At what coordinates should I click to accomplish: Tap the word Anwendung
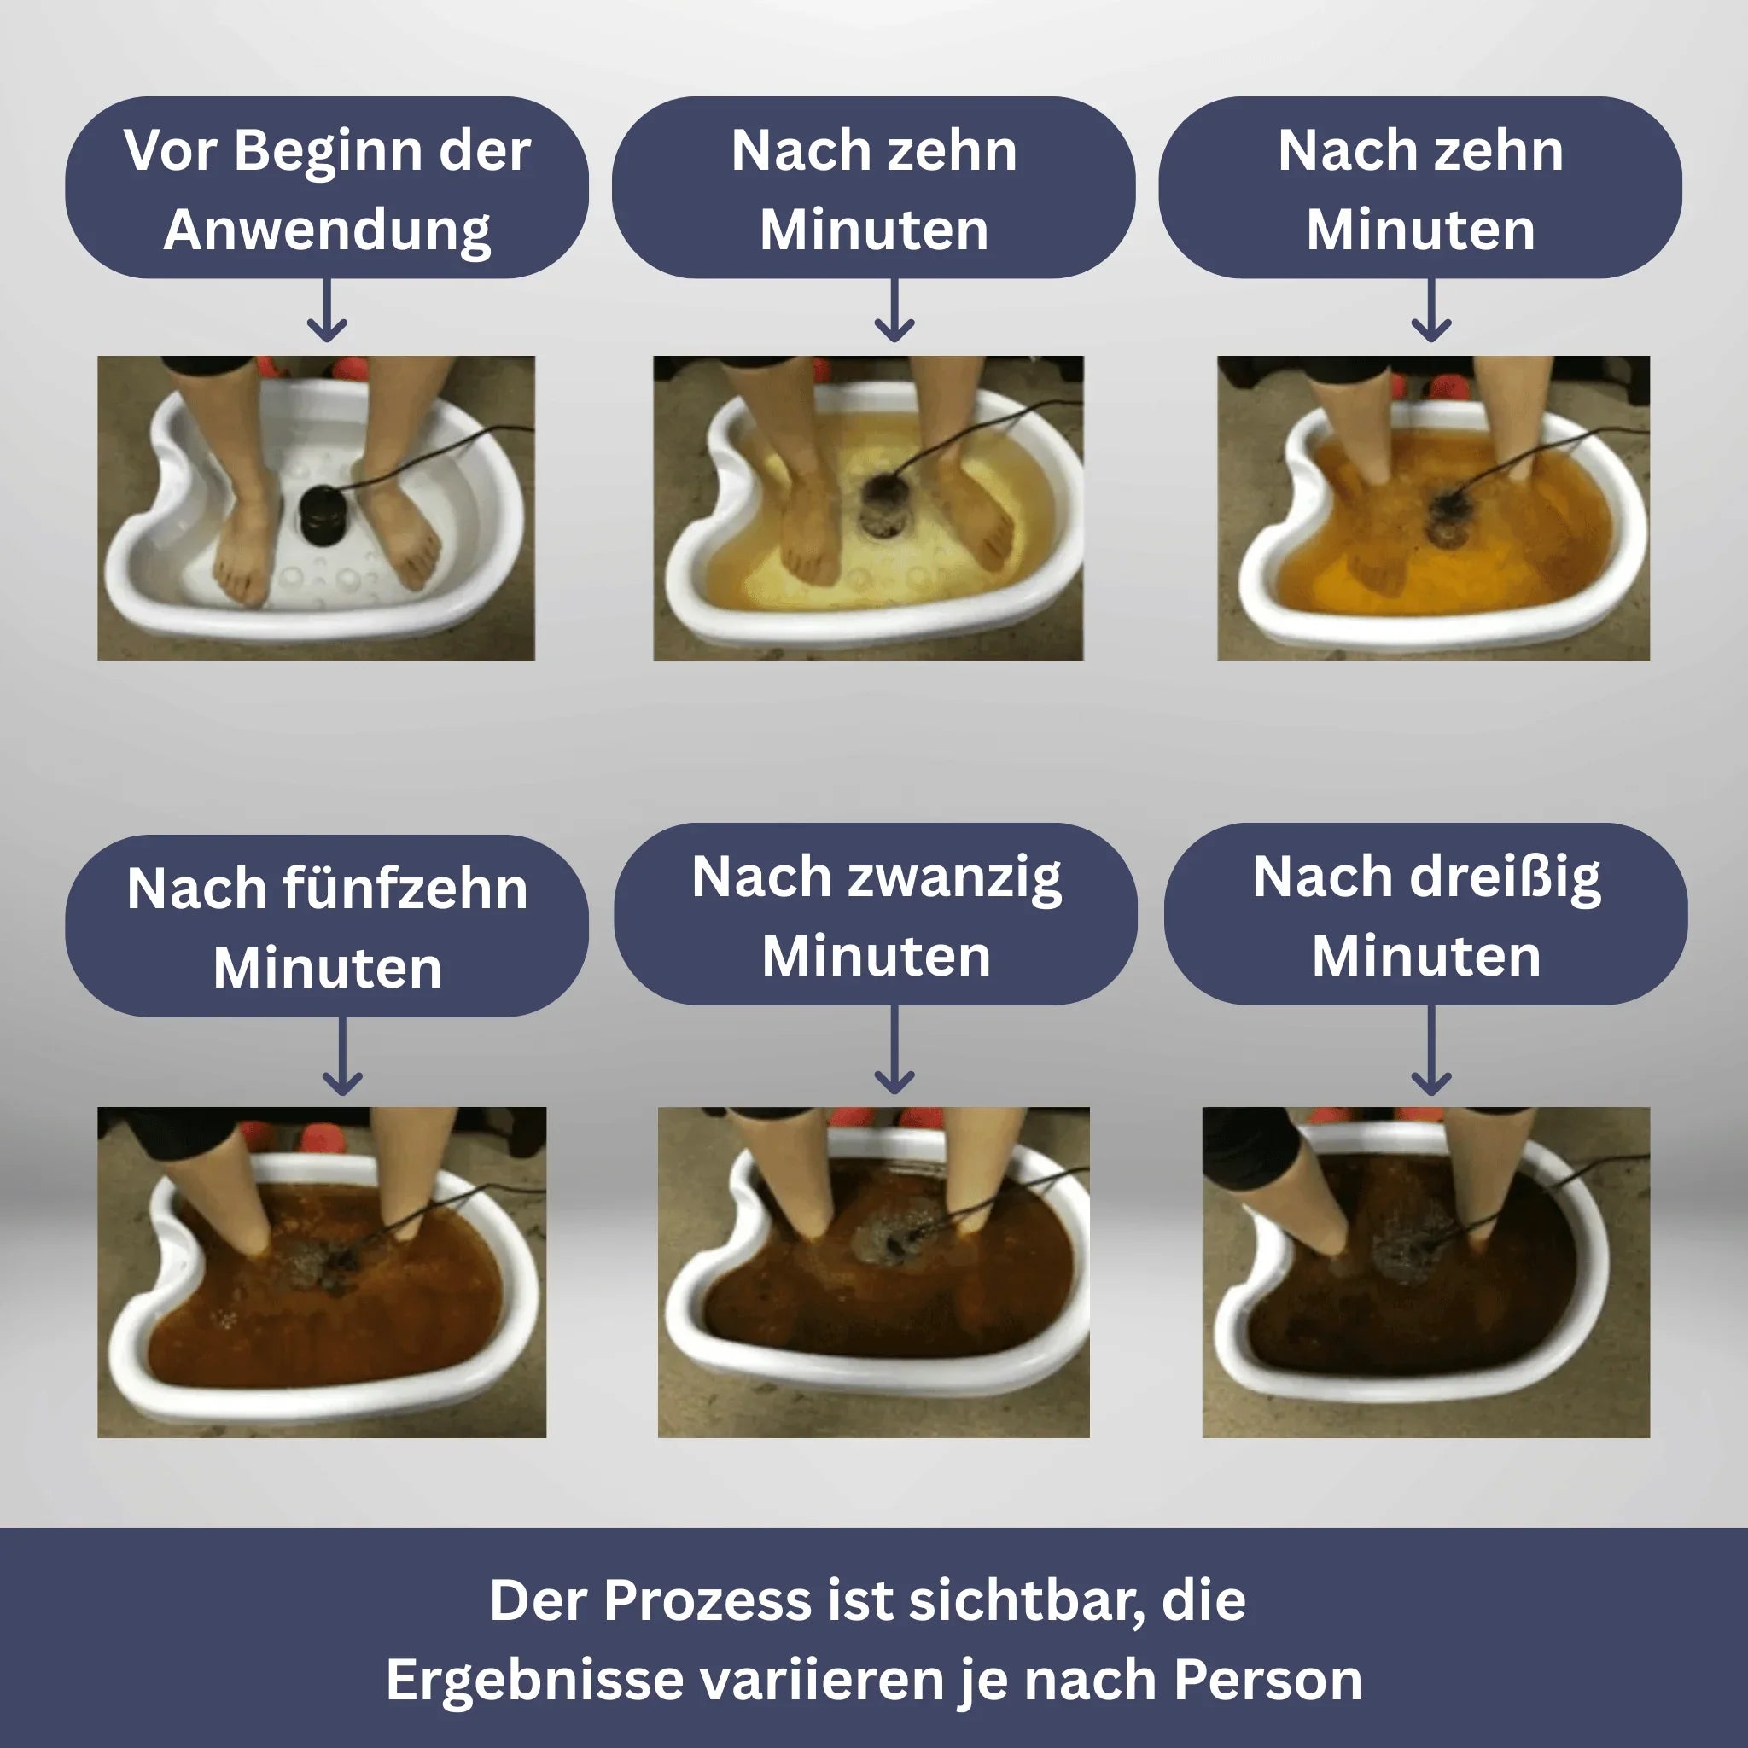(328, 230)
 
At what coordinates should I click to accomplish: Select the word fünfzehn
(405, 889)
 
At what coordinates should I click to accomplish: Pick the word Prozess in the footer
(707, 1600)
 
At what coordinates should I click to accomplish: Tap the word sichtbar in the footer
(1026, 1600)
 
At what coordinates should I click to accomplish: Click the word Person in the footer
(1267, 1680)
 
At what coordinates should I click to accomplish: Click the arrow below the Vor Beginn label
(327, 311)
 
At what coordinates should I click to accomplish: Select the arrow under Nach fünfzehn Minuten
(343, 1057)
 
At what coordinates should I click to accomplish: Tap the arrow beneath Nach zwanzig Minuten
(894, 1050)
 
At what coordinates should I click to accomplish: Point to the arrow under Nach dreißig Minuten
(1431, 1051)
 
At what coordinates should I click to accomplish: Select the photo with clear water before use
(316, 508)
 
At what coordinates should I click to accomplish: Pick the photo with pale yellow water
(869, 508)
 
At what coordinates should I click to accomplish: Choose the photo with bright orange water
(1433, 508)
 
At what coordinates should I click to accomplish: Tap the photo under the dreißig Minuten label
(1426, 1272)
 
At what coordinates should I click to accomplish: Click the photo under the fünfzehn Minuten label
(322, 1272)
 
